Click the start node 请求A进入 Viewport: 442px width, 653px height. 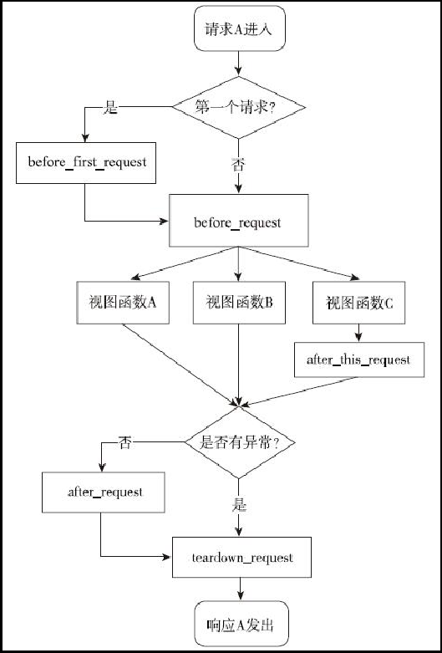coord(239,31)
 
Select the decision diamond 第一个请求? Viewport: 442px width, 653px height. coord(239,107)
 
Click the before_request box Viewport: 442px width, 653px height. coord(239,222)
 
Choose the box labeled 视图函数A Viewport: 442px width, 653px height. coord(124,304)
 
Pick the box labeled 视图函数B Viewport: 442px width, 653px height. coord(239,304)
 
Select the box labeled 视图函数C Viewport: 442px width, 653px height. coord(359,304)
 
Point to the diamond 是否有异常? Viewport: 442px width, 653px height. coord(239,443)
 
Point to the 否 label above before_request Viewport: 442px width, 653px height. coord(239,164)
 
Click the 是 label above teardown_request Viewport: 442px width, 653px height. coord(240,506)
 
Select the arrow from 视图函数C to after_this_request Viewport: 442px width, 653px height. coord(359,333)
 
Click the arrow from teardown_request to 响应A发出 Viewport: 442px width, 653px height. coord(241,589)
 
